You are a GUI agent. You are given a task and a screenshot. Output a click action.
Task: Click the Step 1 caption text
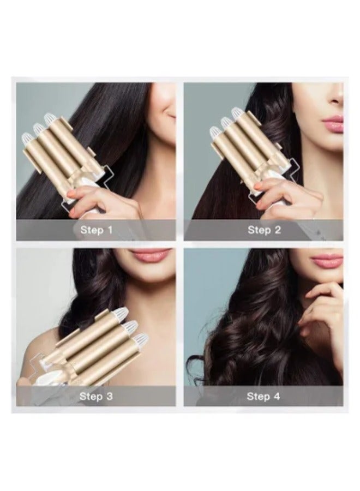click(96, 230)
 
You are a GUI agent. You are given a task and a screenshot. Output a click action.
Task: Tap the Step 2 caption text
click(264, 230)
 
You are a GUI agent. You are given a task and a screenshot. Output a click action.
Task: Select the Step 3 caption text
click(96, 396)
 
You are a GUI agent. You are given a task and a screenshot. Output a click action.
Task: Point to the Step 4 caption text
click(263, 396)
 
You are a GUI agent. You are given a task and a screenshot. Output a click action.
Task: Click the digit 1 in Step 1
click(110, 230)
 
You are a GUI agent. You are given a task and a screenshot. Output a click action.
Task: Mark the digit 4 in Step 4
click(277, 396)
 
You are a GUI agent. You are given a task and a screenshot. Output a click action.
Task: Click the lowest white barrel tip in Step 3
click(141, 339)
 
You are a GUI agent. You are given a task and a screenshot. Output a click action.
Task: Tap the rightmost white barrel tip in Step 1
click(50, 118)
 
